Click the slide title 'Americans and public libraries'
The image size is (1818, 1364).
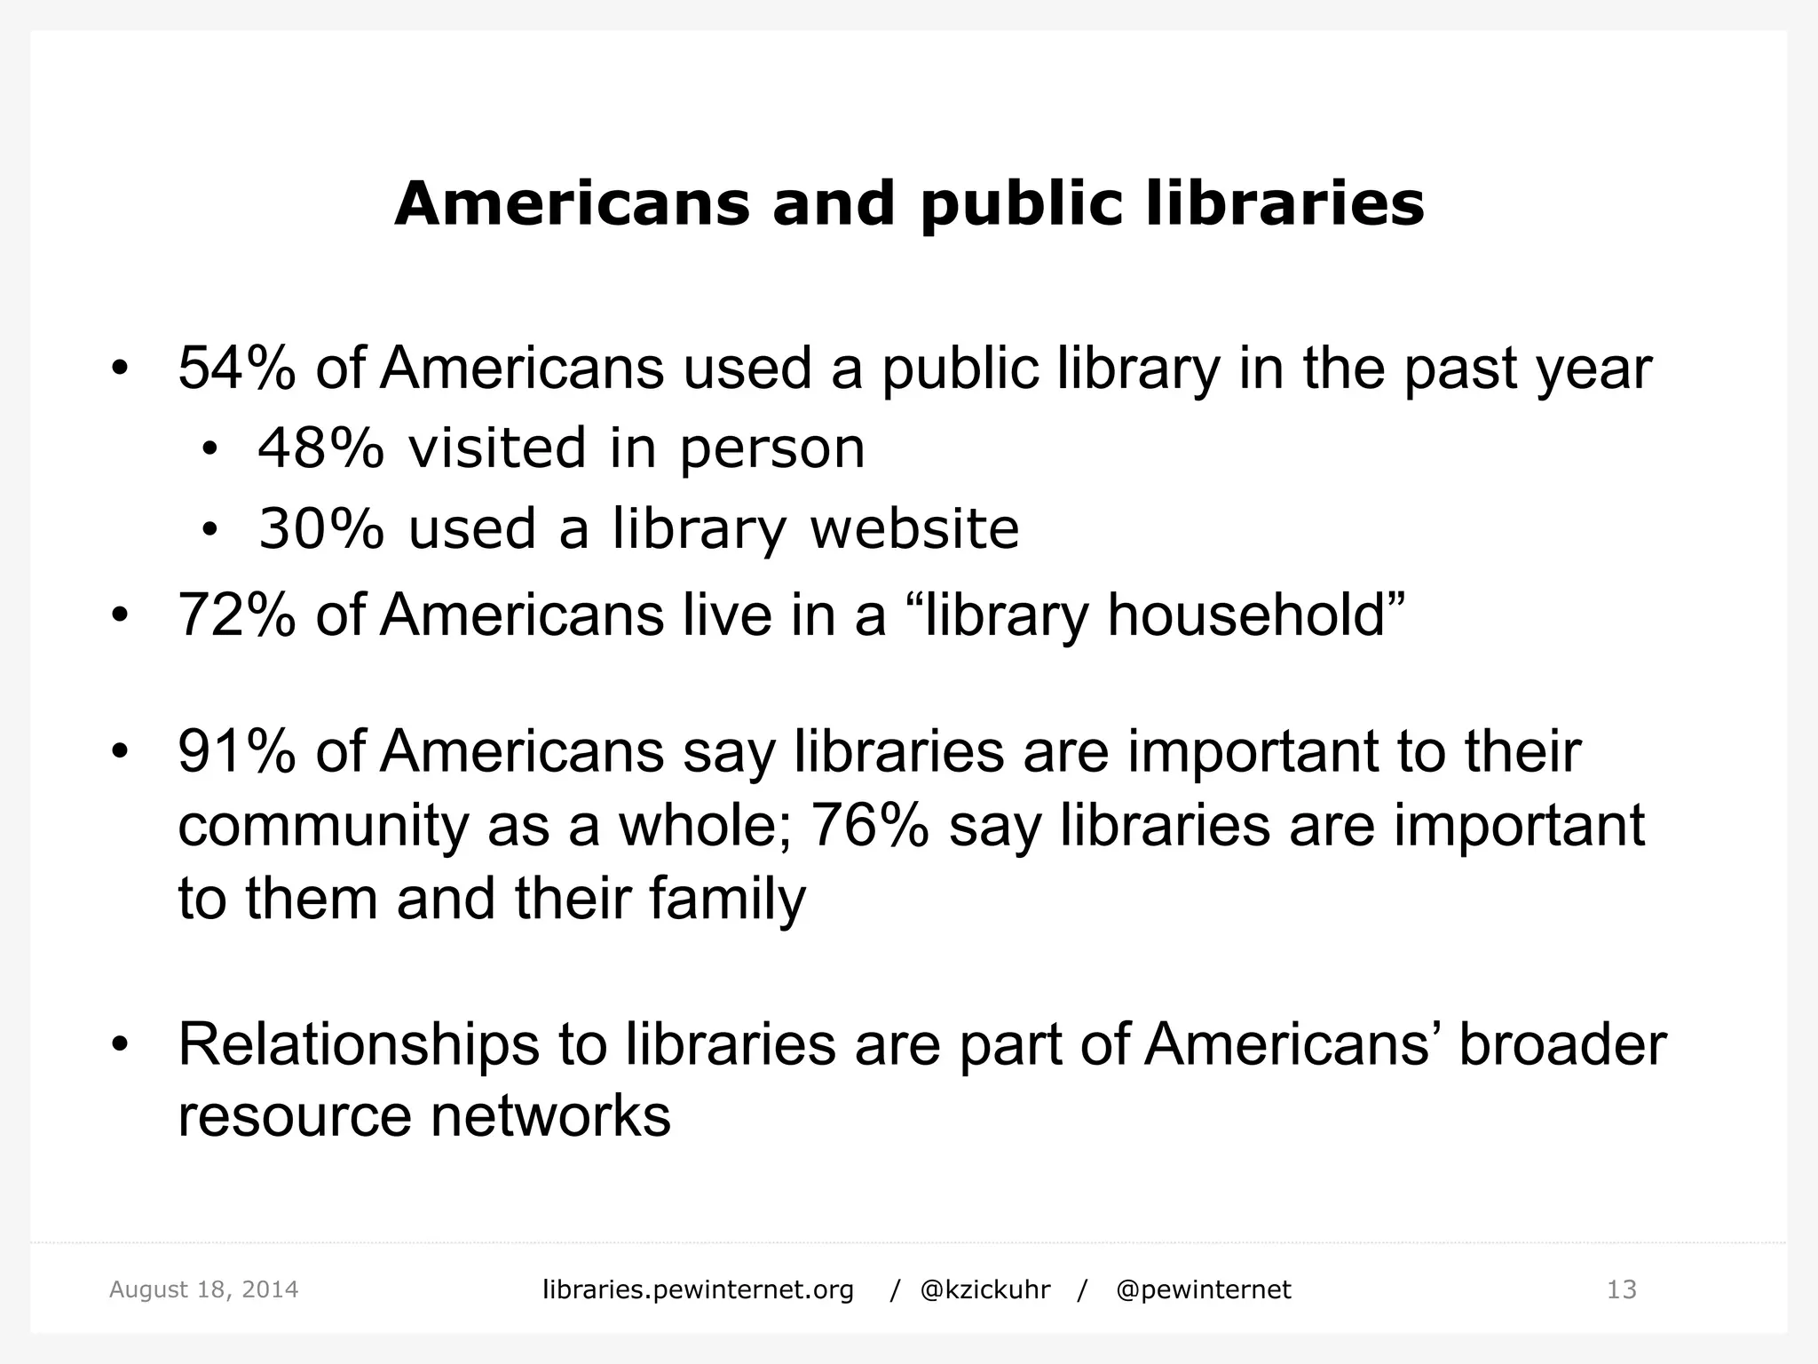[x=909, y=204]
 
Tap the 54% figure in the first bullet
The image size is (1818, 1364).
[x=236, y=368]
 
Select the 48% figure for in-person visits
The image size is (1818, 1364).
[x=320, y=448]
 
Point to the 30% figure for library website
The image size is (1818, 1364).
[x=320, y=528]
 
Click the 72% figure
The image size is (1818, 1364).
[x=236, y=615]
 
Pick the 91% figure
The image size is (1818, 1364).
[x=236, y=751]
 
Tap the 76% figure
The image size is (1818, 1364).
[x=869, y=825]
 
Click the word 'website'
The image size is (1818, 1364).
[x=914, y=528]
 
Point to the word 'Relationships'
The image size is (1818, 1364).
[x=359, y=1044]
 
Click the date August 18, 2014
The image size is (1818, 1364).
[x=203, y=1289]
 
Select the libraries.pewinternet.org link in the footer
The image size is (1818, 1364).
[x=698, y=1289]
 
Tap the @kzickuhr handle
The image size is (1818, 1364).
[x=985, y=1289]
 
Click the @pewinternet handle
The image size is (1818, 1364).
[x=1203, y=1289]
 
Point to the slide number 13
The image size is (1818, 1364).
[x=1621, y=1289]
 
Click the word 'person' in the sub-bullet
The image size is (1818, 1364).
[x=771, y=449]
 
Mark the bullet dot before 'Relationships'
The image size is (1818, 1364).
[x=121, y=1044]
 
